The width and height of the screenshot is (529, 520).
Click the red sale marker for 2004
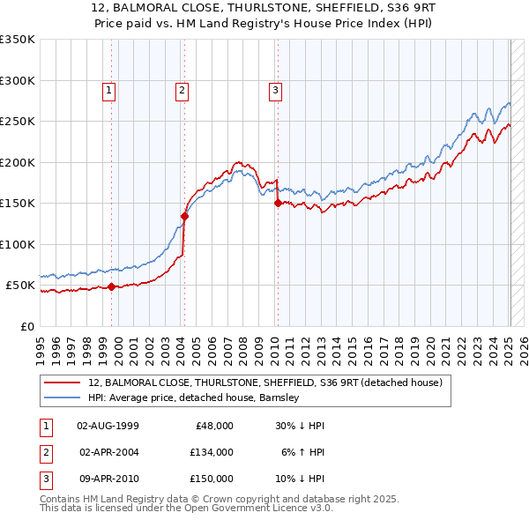pyautogui.click(x=185, y=215)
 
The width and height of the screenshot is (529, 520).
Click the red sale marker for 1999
pyautogui.click(x=112, y=286)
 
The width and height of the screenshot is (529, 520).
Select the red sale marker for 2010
pyautogui.click(x=278, y=203)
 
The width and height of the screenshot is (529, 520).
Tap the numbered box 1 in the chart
pyautogui.click(x=108, y=89)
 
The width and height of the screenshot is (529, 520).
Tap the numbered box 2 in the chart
pyautogui.click(x=181, y=89)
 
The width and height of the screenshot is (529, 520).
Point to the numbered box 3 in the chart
pyautogui.click(x=275, y=89)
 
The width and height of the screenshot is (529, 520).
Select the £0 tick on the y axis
pyautogui.click(x=26, y=327)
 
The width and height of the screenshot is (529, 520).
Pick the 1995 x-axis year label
pyautogui.click(x=41, y=344)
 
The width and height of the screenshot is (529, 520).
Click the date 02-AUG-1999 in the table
pyautogui.click(x=108, y=425)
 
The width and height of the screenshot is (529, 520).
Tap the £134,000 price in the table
pyautogui.click(x=211, y=451)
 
